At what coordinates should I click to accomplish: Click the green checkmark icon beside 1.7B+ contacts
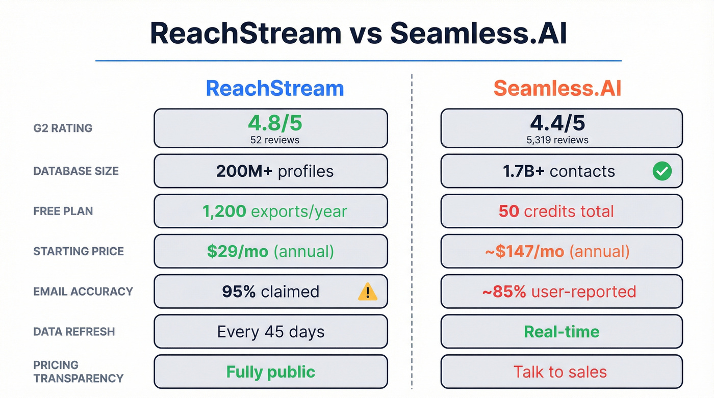pyautogui.click(x=662, y=171)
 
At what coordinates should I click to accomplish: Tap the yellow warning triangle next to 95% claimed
pyautogui.click(x=367, y=291)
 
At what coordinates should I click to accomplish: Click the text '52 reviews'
pyautogui.click(x=270, y=140)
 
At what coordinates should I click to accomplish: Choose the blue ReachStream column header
pyautogui.click(x=275, y=88)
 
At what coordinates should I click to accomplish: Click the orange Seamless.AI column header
pyautogui.click(x=557, y=88)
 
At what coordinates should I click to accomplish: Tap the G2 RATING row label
pyautogui.click(x=63, y=128)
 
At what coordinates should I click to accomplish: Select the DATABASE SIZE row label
pyautogui.click(x=76, y=171)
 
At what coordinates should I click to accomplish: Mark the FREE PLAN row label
pyautogui.click(x=63, y=211)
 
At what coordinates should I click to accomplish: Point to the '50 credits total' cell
pyautogui.click(x=561, y=211)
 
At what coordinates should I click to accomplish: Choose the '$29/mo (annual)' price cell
pyautogui.click(x=270, y=251)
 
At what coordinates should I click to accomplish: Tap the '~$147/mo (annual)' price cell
pyautogui.click(x=561, y=251)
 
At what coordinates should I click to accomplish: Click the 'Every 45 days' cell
pyautogui.click(x=270, y=332)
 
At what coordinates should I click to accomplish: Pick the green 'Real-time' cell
pyautogui.click(x=561, y=332)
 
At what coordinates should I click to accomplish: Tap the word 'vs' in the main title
pyautogui.click(x=365, y=33)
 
